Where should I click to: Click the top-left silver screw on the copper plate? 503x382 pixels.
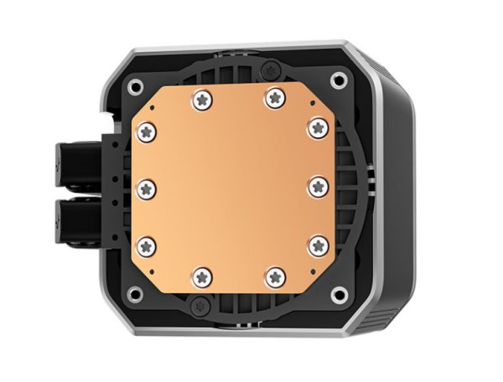click(x=201, y=99)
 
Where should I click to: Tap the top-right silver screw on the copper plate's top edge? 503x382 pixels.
click(x=272, y=98)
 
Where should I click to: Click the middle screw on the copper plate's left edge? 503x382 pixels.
click(x=145, y=186)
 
